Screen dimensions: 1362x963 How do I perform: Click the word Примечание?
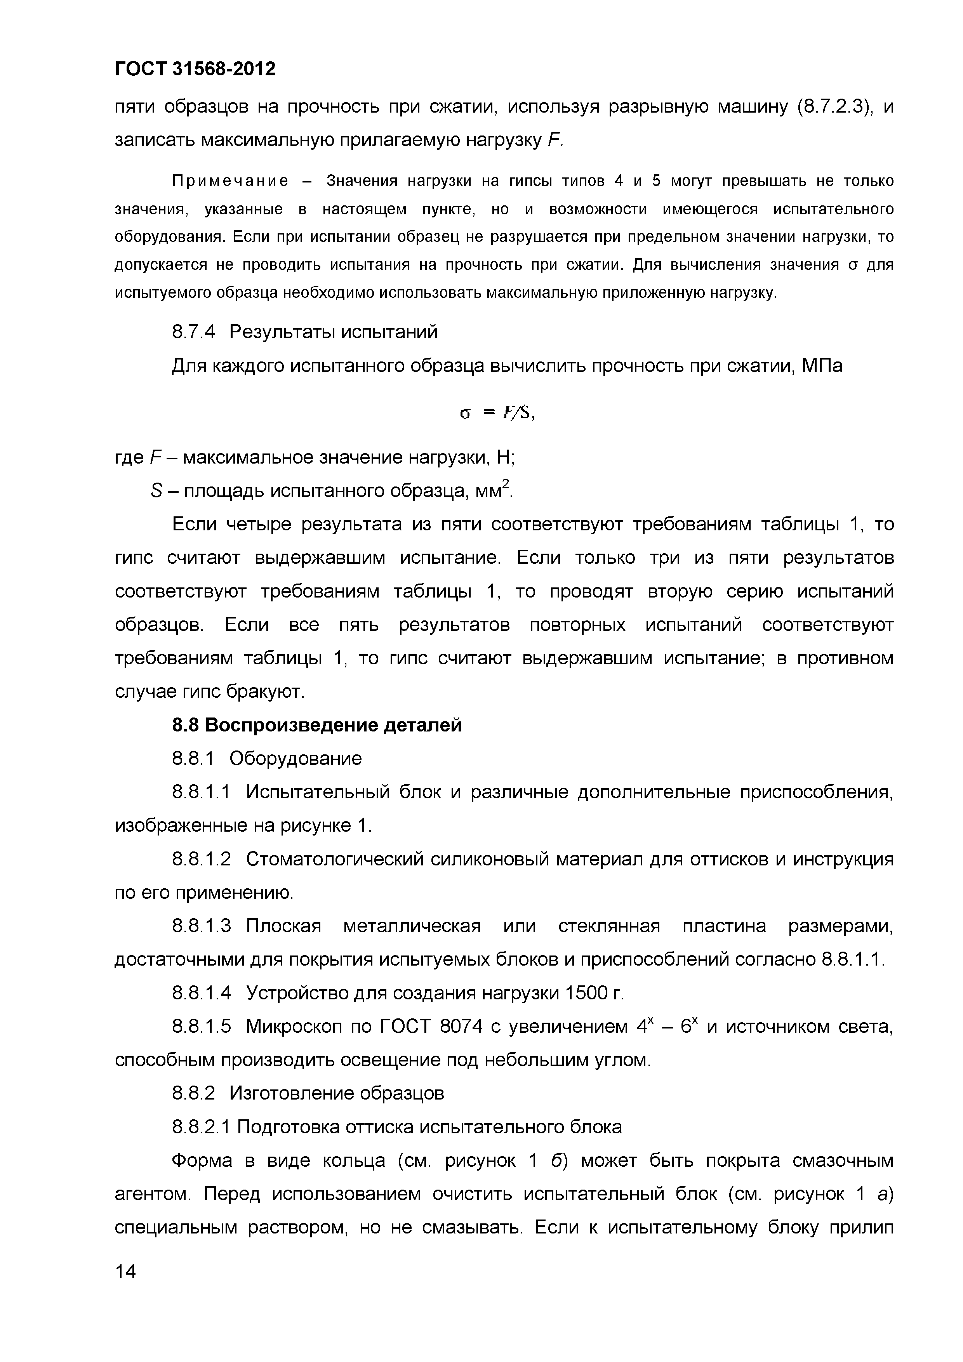[x=230, y=181]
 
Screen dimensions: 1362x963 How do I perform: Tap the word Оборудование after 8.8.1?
[x=296, y=759]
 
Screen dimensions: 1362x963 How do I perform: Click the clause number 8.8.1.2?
[x=201, y=859]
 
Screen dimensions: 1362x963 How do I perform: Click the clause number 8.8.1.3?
[x=201, y=926]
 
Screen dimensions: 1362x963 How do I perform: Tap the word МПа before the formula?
[x=822, y=366]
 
